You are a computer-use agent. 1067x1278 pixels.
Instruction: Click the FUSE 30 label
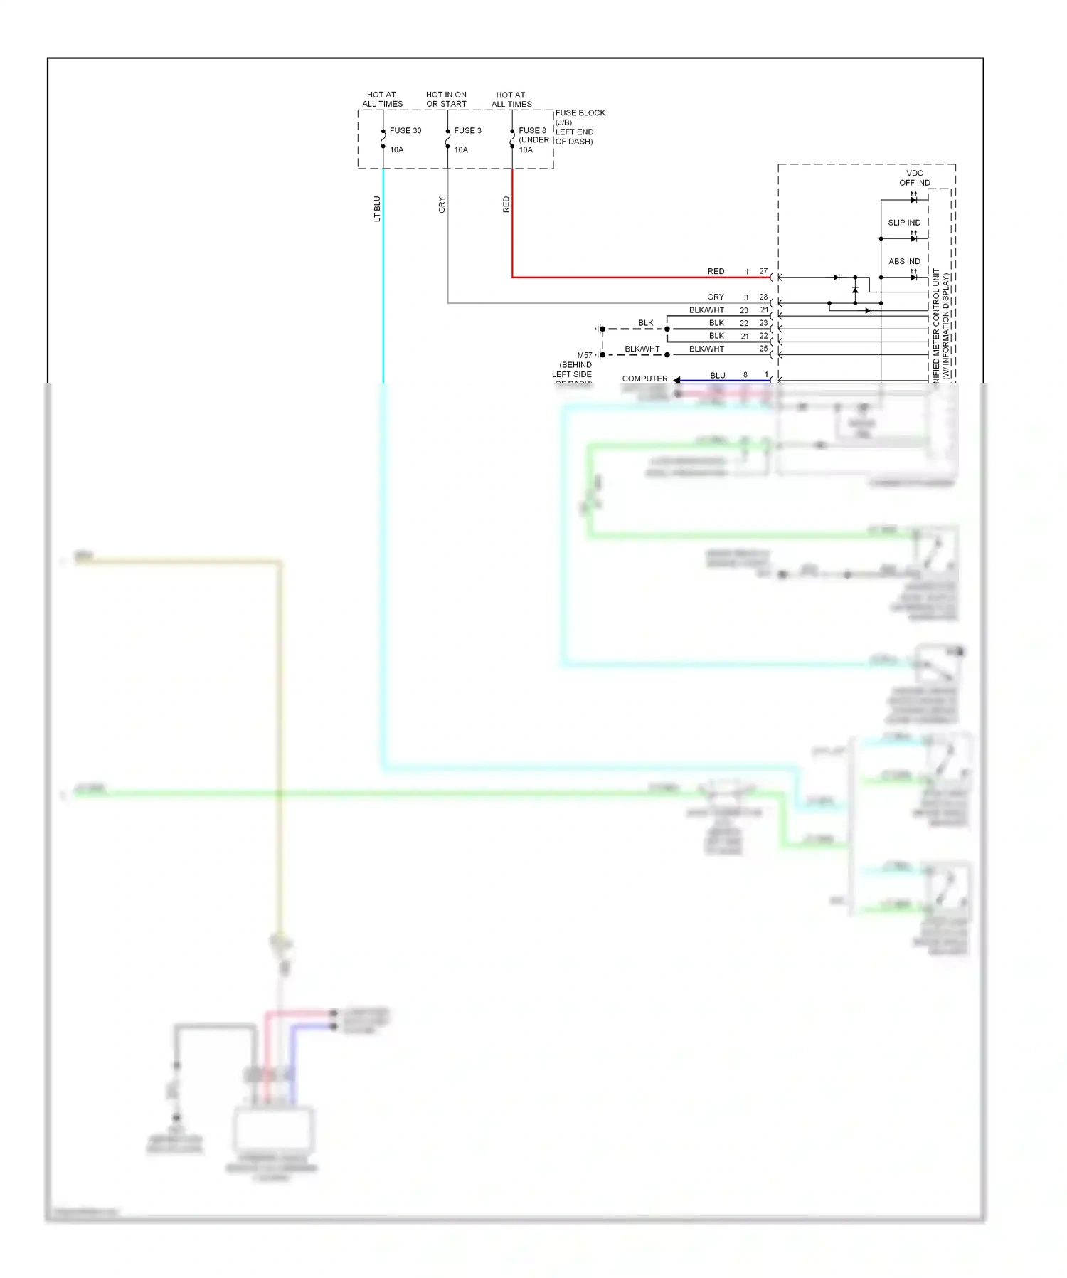[x=405, y=130]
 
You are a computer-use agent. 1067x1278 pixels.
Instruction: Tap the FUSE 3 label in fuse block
[x=467, y=130]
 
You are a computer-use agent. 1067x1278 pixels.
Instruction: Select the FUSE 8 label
[x=532, y=130]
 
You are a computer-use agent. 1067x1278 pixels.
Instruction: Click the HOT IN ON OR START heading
[x=446, y=99]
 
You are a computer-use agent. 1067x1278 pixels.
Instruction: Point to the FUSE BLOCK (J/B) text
[x=579, y=117]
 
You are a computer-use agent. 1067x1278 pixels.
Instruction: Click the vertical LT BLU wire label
[x=377, y=209]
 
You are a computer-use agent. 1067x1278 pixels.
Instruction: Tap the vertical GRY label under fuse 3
[x=442, y=205]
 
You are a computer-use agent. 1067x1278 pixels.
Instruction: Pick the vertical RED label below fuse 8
[x=506, y=205]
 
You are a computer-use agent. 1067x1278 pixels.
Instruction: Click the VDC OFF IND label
[x=914, y=178]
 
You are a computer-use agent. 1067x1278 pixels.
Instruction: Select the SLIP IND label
[x=903, y=223]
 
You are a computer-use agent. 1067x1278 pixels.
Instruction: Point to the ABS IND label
[x=903, y=261]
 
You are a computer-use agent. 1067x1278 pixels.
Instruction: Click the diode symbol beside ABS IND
[x=913, y=277]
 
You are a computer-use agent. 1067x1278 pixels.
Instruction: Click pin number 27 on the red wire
[x=763, y=271]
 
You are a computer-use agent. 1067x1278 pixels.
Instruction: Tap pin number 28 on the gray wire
[x=763, y=297]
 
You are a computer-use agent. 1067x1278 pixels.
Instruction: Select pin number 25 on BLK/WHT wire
[x=763, y=349]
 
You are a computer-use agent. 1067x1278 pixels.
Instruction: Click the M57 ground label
[x=584, y=355]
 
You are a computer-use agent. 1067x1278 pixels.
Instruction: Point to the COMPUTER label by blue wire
[x=644, y=379]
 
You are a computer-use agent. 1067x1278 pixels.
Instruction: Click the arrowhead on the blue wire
[x=677, y=380]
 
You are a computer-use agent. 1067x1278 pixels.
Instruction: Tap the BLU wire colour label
[x=718, y=375]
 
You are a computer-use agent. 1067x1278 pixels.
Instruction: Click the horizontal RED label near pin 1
[x=716, y=271]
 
